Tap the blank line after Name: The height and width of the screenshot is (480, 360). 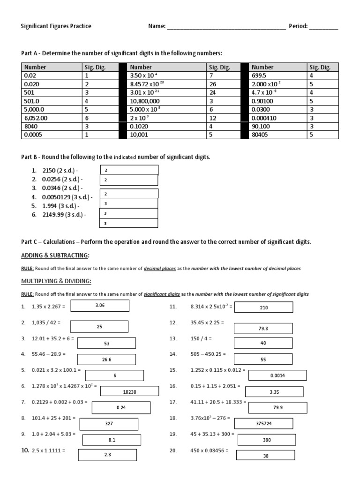tap(226, 27)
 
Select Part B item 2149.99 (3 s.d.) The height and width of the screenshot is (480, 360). tap(63, 215)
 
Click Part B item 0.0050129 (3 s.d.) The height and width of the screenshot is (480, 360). tap(67, 197)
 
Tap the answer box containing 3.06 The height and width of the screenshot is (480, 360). tap(100, 305)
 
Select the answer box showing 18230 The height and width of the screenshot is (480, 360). tap(129, 392)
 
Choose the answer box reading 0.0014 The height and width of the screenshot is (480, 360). tap(277, 375)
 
